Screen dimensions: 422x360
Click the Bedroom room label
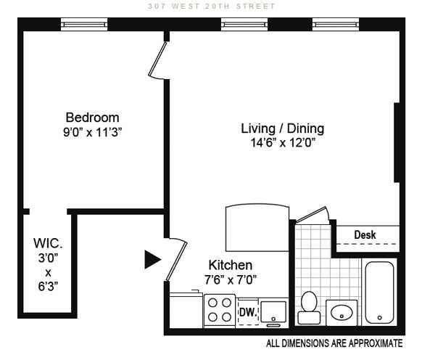[92, 118]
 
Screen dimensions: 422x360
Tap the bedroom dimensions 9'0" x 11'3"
[93, 132]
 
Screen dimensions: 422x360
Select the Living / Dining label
[282, 128]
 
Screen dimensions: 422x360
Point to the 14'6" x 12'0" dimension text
[283, 142]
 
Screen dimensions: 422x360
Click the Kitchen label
[231, 265]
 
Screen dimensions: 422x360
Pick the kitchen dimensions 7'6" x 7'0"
[231, 279]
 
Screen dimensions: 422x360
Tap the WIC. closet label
[48, 243]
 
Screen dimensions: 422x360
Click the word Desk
[365, 234]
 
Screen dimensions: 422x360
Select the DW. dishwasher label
[248, 312]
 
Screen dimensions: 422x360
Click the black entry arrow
[152, 260]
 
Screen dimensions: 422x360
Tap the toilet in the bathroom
[309, 308]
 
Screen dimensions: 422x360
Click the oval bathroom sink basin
[342, 313]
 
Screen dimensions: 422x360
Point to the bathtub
[379, 292]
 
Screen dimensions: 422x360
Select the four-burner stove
[220, 311]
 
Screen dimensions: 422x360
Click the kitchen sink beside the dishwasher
[273, 312]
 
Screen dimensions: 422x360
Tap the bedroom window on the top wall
[84, 25]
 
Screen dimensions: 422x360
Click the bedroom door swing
[158, 60]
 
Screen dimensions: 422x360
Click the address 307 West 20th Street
[212, 6]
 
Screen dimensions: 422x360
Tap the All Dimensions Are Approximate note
[334, 343]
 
